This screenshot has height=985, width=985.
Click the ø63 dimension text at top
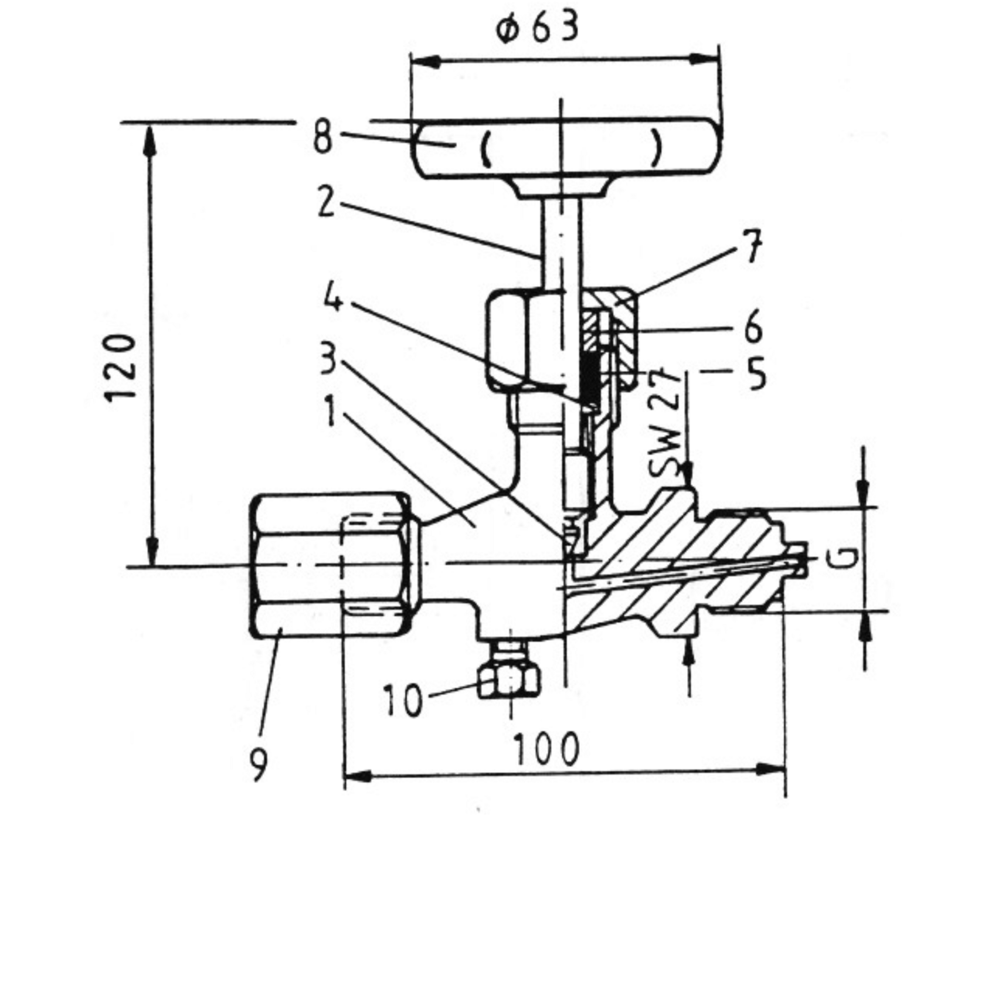(x=537, y=28)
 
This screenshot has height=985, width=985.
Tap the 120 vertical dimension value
(x=121, y=368)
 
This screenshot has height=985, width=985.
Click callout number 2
(x=327, y=201)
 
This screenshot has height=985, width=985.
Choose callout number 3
(x=329, y=358)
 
